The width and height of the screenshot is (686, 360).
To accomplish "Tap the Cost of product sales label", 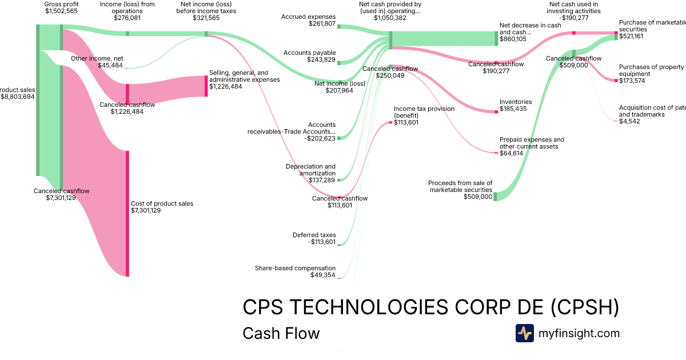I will click(162, 203).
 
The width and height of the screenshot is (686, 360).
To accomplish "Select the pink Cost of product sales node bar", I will click(127, 213).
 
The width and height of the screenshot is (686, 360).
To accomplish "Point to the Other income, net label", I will click(97, 58).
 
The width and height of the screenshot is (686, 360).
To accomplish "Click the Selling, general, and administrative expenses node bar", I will click(206, 86).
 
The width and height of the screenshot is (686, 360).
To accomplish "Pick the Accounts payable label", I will click(310, 53).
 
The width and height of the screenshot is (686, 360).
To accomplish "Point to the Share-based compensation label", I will click(295, 268).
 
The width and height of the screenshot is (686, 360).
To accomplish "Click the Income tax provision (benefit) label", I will click(424, 111).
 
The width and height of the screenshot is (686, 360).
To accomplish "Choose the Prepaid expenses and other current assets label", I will click(532, 143).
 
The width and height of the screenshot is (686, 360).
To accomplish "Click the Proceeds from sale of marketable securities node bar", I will click(495, 197).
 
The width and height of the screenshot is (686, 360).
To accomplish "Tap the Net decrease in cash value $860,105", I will click(513, 39).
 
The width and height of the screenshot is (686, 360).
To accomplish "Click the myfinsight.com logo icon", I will click(524, 333).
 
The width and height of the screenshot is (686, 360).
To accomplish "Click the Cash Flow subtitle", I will click(281, 333).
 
